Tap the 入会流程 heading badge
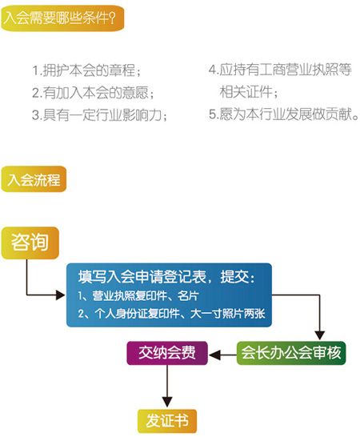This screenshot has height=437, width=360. point(34,179)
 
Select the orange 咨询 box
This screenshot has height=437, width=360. point(30,243)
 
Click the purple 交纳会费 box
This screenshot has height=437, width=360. point(167,353)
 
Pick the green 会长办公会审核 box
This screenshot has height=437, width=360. point(291,353)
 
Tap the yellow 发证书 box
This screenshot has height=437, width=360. point(167,421)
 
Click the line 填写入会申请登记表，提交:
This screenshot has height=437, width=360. point(166,277)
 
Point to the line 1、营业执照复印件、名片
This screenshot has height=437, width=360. point(138,296)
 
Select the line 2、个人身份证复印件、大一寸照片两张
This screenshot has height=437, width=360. point(171,314)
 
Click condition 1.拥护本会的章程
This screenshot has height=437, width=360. point(86,70)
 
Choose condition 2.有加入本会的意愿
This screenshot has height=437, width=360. point(93,93)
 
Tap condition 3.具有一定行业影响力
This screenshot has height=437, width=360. point(100,114)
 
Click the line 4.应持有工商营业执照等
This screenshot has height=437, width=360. point(280,70)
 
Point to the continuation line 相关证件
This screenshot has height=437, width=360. point(249,92)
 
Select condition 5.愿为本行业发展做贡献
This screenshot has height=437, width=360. point(284,114)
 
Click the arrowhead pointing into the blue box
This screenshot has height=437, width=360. point(61,295)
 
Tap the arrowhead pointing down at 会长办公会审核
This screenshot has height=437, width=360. point(319,335)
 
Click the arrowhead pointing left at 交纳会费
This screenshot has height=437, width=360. point(214,355)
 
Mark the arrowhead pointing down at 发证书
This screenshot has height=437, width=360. point(167,402)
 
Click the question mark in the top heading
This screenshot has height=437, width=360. point(112,18)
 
